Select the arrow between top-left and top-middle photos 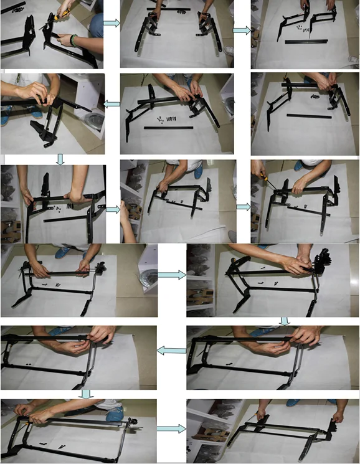pos(111,23)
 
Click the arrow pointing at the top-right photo pos(242,29)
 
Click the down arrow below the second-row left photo pos(60,160)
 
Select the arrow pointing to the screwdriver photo pos(242,206)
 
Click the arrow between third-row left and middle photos pos(113,209)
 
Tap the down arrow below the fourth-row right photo pos(285,321)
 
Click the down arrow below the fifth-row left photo pos(86,394)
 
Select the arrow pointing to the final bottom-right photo pos(171,428)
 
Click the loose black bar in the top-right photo pos(305,41)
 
